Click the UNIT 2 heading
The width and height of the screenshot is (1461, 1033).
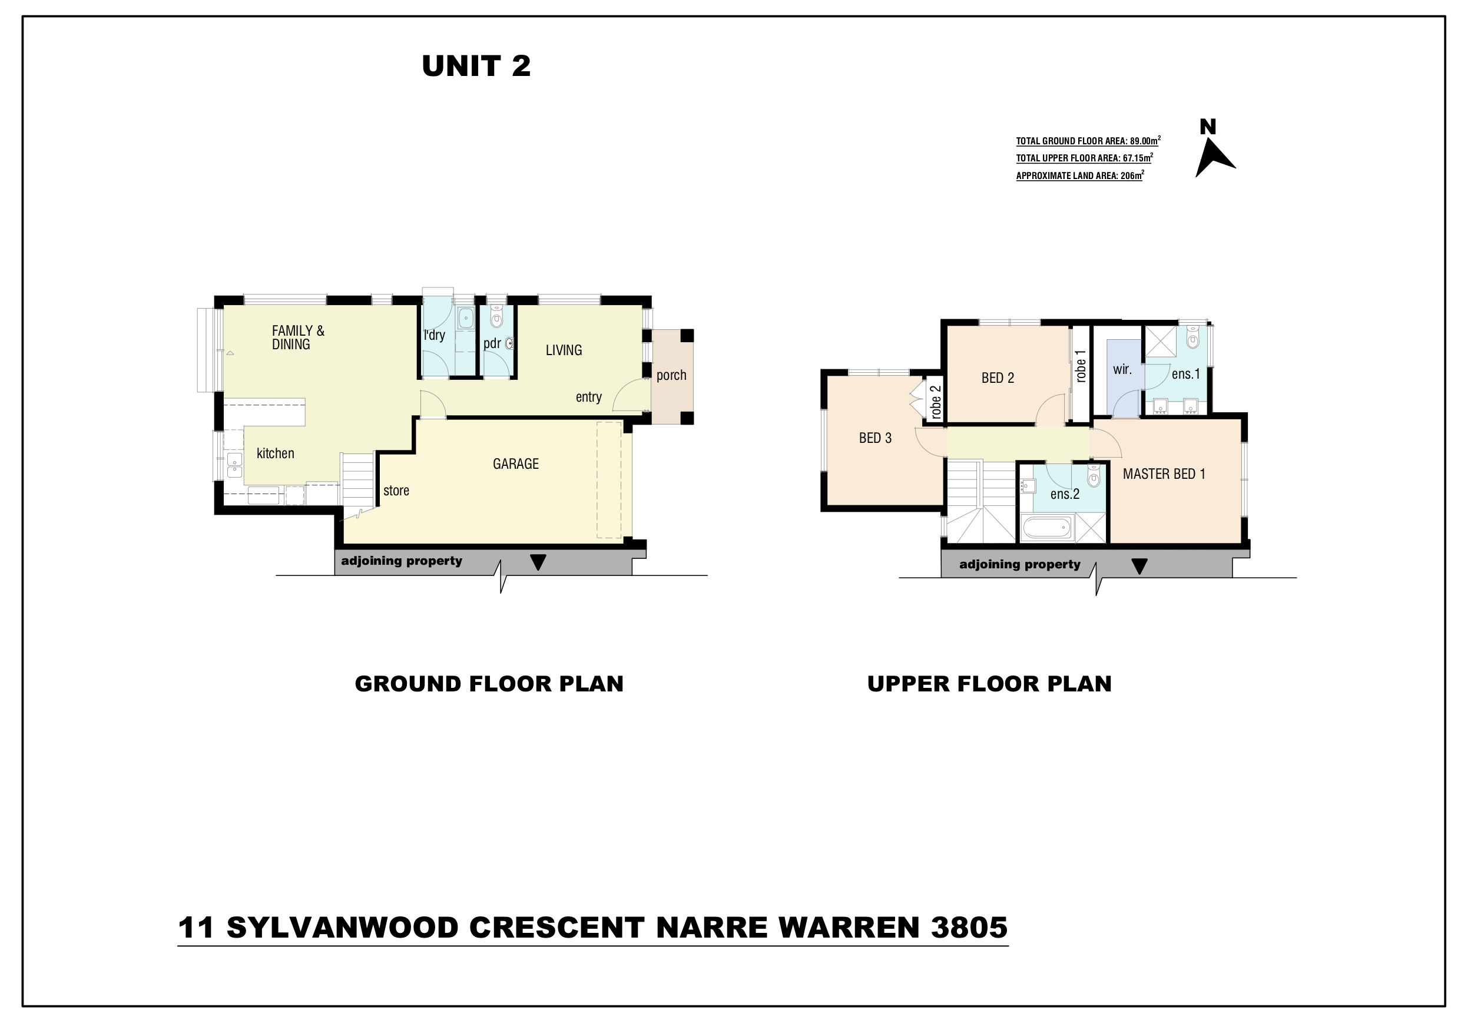[x=476, y=66]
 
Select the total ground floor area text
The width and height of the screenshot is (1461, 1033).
[x=1088, y=141]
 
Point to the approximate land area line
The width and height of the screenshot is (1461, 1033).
[x=1080, y=175]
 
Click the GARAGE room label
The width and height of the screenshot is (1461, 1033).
[x=515, y=464]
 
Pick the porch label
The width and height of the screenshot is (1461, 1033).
[x=671, y=376]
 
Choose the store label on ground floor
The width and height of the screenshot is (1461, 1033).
[x=396, y=491]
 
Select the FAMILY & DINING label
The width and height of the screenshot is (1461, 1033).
[x=298, y=337]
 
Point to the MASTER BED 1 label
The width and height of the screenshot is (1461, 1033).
[x=1164, y=474]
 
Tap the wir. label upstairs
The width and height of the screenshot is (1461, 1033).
[x=1122, y=370]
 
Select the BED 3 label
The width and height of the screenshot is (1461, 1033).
[x=875, y=438]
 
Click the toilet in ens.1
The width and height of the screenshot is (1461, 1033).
[x=1192, y=337]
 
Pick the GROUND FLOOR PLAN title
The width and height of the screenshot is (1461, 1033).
[x=489, y=684]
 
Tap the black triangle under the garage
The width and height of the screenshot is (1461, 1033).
[x=538, y=562]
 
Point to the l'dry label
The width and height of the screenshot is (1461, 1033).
[x=435, y=335]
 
